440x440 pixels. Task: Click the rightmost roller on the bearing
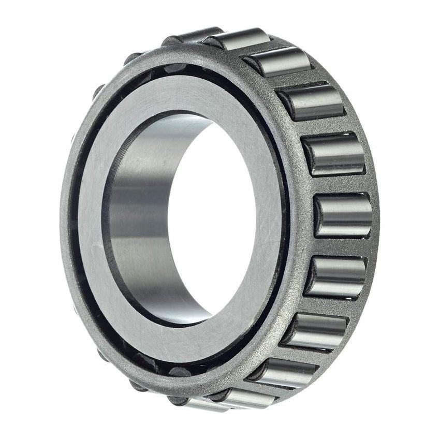[x=343, y=215]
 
